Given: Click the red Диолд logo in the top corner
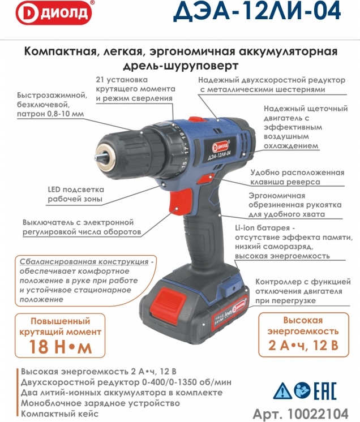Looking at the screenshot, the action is [53, 12].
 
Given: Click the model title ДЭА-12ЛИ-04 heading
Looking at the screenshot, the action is [257, 11].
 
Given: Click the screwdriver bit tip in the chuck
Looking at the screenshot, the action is [99, 158].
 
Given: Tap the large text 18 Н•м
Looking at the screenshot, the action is [60, 346].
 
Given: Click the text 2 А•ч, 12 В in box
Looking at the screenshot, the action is [303, 345].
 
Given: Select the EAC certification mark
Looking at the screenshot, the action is [326, 391].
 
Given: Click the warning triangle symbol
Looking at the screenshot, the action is [282, 391].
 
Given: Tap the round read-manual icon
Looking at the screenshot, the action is [303, 390].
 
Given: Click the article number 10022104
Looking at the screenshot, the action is [318, 414].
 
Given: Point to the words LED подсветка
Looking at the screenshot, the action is [76, 190].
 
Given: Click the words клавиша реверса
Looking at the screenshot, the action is [285, 182].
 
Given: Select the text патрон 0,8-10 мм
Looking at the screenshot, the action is [50, 114].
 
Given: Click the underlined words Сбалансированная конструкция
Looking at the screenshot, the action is [84, 261].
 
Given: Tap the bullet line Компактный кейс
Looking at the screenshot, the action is [60, 414].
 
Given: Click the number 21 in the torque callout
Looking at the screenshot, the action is [100, 80].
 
